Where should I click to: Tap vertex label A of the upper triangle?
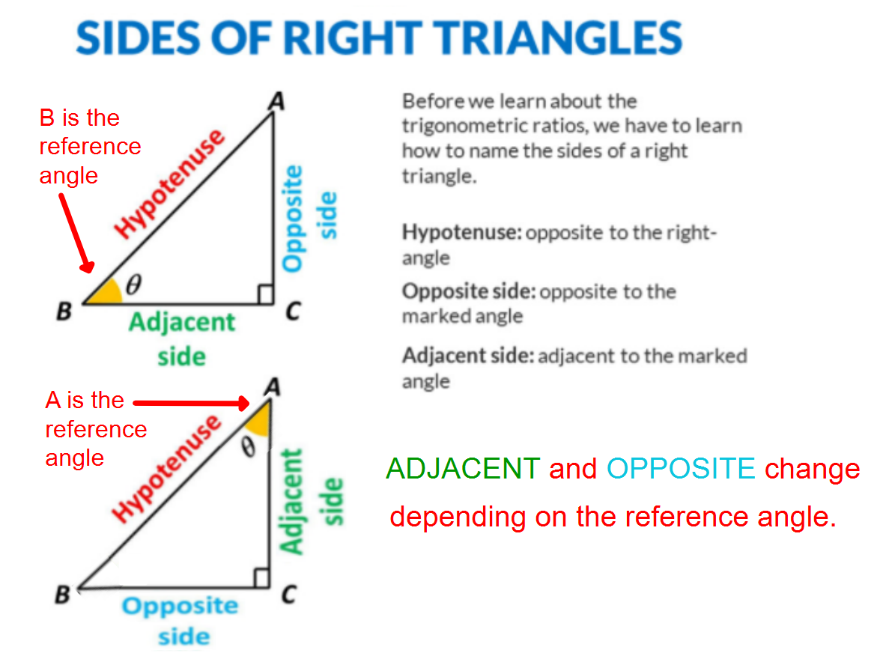click(276, 101)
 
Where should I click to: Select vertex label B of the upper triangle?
click(64, 312)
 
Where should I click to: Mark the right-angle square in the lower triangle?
click(261, 578)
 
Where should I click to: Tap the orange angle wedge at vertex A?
click(258, 420)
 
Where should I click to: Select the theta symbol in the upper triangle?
click(135, 285)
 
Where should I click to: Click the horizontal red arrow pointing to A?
click(191, 404)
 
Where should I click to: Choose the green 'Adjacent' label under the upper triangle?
click(181, 324)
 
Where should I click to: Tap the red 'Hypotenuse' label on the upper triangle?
click(171, 183)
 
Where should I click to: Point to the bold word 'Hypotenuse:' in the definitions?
click(461, 232)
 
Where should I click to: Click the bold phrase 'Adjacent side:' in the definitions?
click(467, 356)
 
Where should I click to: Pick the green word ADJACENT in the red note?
click(462, 469)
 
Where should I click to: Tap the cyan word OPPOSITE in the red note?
click(681, 469)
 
